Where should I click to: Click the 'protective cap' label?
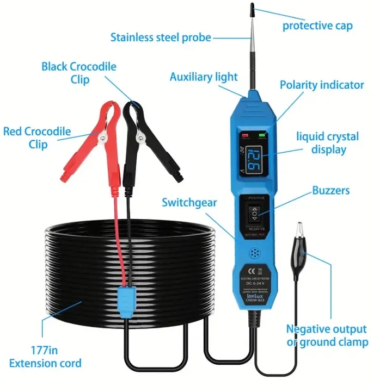317,26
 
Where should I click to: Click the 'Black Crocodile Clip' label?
79,73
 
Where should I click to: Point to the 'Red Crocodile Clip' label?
36,138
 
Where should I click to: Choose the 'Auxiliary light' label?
204,77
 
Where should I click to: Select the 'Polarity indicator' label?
322,85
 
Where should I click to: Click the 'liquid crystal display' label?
327,142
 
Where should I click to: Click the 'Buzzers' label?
330,191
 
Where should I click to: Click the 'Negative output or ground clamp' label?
327,336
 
